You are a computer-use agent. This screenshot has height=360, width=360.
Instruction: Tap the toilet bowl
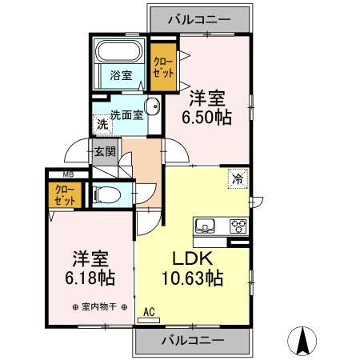[106, 194]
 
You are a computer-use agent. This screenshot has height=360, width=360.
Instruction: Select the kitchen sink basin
[205, 226]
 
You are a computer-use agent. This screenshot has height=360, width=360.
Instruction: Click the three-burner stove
[238, 226]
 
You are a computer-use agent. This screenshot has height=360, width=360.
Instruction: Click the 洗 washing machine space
[102, 124]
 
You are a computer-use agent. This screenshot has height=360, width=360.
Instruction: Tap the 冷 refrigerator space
[238, 178]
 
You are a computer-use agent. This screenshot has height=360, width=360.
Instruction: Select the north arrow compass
[302, 341]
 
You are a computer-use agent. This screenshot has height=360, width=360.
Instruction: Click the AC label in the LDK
[149, 312]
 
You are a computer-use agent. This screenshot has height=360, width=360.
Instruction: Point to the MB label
[68, 175]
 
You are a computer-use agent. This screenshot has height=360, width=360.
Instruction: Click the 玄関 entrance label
[106, 151]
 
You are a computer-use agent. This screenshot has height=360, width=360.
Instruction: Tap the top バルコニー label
[199, 20]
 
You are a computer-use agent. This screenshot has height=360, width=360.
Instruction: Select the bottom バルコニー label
[193, 341]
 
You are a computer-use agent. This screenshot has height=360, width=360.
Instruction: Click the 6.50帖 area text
[206, 118]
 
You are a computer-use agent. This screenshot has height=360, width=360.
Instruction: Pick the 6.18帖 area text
[90, 278]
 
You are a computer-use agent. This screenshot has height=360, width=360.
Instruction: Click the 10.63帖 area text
[193, 278]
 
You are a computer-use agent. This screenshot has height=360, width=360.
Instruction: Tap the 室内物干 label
[99, 307]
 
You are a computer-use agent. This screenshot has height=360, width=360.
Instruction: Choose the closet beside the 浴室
[163, 66]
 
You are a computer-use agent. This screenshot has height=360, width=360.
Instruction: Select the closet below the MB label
[65, 195]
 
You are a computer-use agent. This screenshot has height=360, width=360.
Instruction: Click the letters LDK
[193, 258]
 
